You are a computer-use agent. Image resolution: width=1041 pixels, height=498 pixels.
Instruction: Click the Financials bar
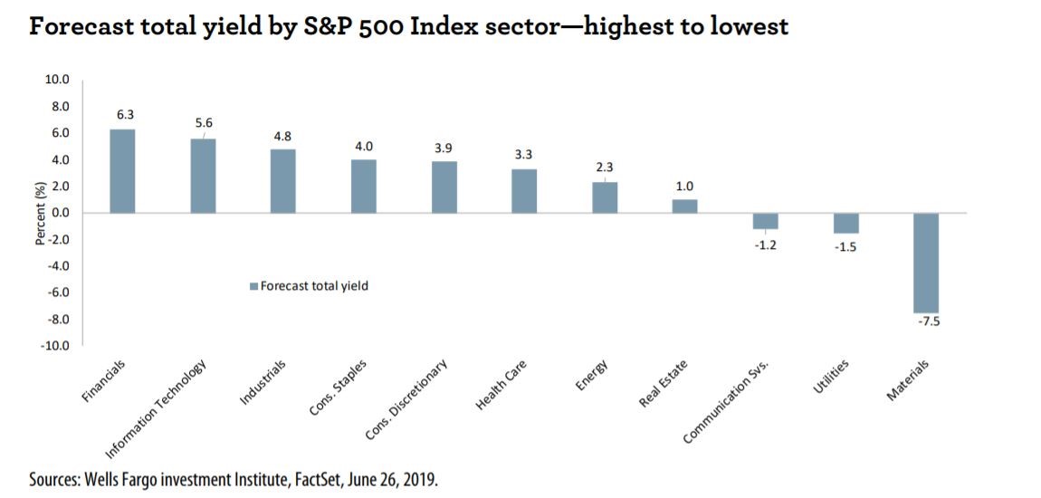coord(122,171)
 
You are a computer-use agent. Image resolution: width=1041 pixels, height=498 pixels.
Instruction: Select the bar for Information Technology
coord(203,176)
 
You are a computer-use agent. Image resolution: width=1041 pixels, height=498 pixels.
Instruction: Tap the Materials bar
coord(927,263)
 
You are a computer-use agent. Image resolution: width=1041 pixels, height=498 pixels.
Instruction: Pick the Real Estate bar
coord(685,206)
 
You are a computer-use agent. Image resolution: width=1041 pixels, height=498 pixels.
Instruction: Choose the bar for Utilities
coord(846,223)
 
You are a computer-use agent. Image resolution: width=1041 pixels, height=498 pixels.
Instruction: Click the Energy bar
coord(605,198)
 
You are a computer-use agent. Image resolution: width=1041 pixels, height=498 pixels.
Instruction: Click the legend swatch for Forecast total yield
coord(253,286)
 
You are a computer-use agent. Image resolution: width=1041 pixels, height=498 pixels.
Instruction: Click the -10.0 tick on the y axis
coord(57,346)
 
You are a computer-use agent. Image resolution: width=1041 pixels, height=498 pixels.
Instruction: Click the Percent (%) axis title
coord(39,213)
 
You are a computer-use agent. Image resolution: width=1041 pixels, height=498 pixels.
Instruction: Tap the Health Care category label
coord(497,385)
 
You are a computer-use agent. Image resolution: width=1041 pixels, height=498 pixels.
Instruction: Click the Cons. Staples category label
coord(338,389)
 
